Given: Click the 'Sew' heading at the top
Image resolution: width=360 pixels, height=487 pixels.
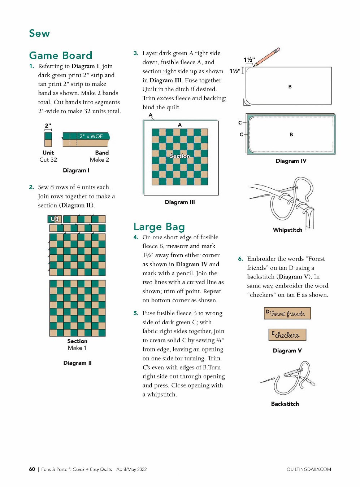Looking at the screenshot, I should (x=39, y=34).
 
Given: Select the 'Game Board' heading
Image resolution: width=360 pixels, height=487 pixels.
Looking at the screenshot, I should (x=61, y=56).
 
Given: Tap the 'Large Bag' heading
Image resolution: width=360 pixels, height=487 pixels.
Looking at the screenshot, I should (x=159, y=227).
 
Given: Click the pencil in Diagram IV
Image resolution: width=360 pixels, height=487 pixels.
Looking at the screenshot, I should (x=267, y=57).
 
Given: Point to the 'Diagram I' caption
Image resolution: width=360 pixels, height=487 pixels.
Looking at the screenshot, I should (x=76, y=170).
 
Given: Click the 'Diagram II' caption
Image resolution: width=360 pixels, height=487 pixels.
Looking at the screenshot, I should (x=77, y=363).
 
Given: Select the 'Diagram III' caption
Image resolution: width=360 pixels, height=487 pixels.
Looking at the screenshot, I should (x=180, y=202).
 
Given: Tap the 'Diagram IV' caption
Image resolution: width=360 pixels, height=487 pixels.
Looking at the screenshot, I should (x=291, y=161).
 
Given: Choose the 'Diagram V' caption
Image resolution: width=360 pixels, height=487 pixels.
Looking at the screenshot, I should (x=287, y=351).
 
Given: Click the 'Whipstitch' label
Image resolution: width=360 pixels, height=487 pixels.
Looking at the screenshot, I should (x=287, y=230).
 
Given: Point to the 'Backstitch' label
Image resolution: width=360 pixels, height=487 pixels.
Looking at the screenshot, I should (x=285, y=404).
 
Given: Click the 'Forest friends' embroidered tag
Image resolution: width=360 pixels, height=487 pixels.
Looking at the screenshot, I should (x=287, y=313).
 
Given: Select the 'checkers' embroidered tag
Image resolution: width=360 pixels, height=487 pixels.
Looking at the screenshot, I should (x=287, y=335).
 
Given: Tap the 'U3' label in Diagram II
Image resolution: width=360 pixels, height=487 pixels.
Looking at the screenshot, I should (x=55, y=219).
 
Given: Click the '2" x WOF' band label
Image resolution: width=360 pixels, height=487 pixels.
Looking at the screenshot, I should (x=91, y=136).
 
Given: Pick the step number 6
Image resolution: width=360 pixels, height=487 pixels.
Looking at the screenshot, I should (x=240, y=259).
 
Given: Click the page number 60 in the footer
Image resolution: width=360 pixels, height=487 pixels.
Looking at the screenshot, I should (x=32, y=469).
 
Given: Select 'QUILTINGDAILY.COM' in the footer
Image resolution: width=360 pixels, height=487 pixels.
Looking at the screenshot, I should (x=309, y=469).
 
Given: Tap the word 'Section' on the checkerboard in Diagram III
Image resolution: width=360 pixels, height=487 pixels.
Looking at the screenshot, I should (x=180, y=156).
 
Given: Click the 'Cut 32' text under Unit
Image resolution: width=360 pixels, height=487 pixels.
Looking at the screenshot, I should (x=48, y=160).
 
